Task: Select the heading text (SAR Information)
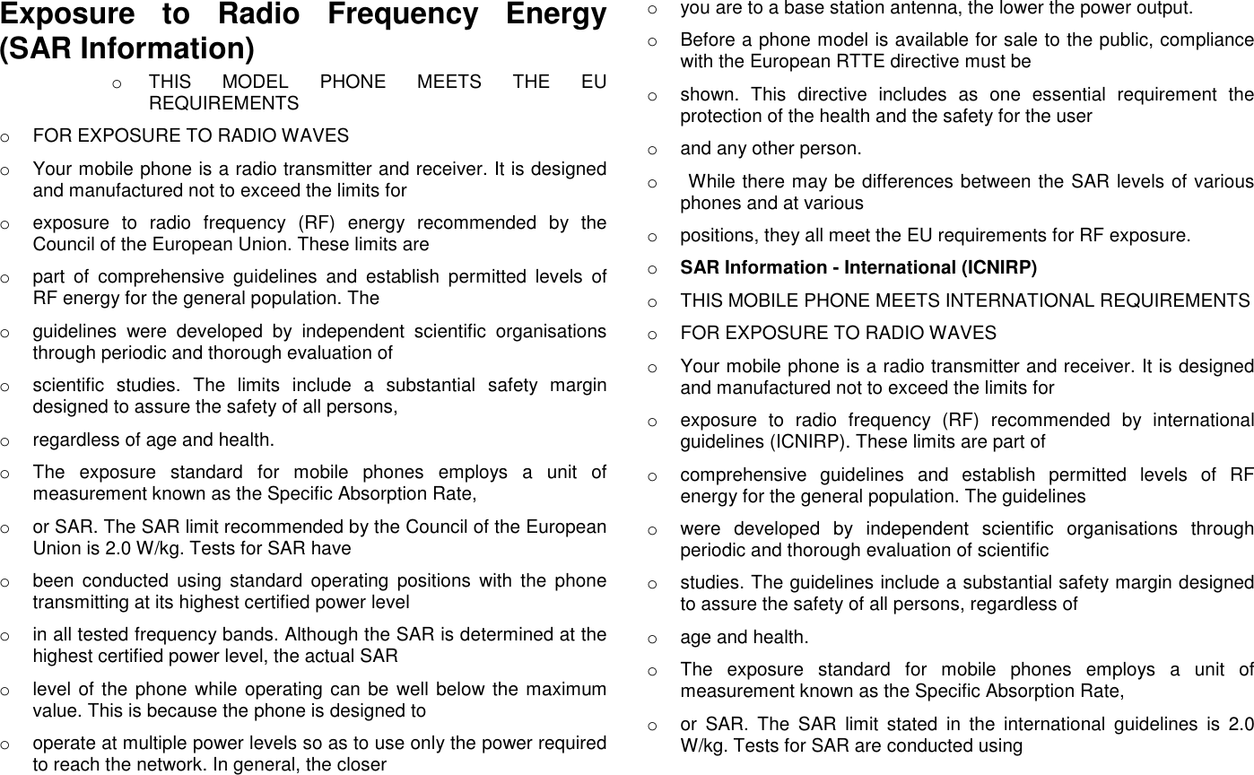126,47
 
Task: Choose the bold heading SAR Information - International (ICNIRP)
858,267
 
